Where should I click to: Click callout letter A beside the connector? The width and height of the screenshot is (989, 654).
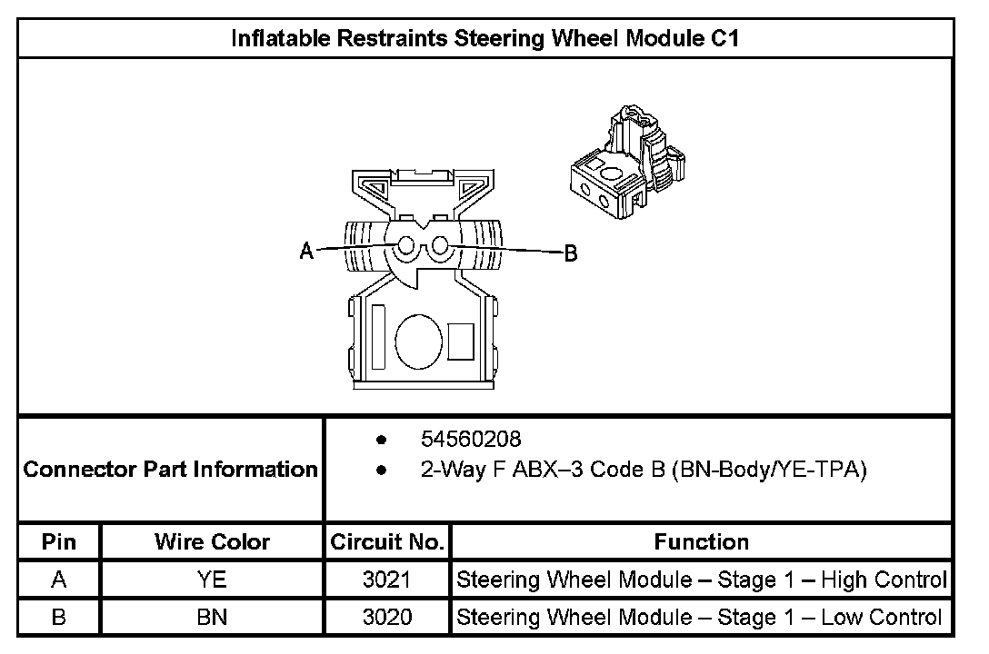coord(307,252)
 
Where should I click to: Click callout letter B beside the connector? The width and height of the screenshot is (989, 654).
coord(571,253)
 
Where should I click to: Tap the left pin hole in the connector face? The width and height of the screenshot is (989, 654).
coord(406,246)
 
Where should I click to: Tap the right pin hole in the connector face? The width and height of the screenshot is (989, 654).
coord(439,246)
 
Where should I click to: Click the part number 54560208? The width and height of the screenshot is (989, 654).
coord(471,440)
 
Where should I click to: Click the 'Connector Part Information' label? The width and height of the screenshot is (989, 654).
coord(170,470)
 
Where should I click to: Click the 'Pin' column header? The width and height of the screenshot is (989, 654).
coord(59,542)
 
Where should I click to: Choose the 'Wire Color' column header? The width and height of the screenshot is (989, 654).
coord(212,542)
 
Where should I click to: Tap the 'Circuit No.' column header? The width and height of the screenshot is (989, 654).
coord(387,542)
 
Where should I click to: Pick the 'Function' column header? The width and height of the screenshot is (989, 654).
coord(701,542)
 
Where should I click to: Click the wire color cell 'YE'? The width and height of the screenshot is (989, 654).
coord(212,580)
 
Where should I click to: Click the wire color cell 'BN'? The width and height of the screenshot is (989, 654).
coord(212,618)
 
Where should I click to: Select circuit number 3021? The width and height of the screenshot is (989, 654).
coord(387,580)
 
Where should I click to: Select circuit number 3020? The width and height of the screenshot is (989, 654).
coord(387,618)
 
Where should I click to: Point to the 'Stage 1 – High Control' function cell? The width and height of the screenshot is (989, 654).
coord(701,580)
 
